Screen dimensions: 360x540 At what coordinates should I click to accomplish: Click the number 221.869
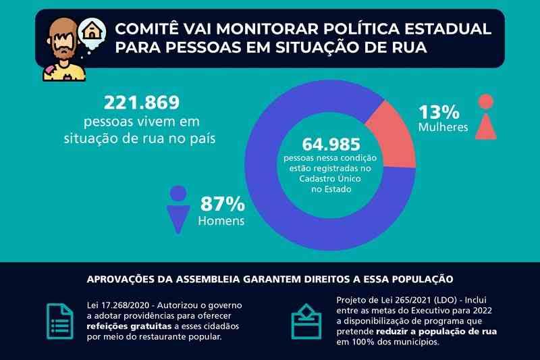point(142,103)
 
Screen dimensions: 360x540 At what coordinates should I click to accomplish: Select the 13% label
point(439,111)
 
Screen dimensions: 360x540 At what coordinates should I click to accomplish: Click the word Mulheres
point(443,128)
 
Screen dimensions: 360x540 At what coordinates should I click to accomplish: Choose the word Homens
point(221,221)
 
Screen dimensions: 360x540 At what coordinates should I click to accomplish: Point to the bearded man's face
point(63,41)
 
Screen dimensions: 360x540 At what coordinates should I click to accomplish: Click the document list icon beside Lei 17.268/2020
point(59,317)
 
